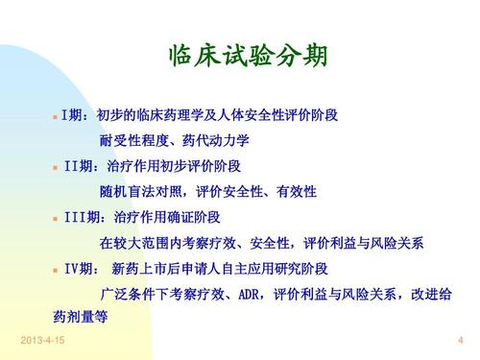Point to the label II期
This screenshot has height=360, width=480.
78,166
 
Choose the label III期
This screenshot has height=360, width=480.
84,217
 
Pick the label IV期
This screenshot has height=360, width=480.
80,268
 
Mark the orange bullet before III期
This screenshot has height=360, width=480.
55,218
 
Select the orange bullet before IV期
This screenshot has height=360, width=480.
55,269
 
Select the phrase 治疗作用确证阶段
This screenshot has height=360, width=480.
164,217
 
